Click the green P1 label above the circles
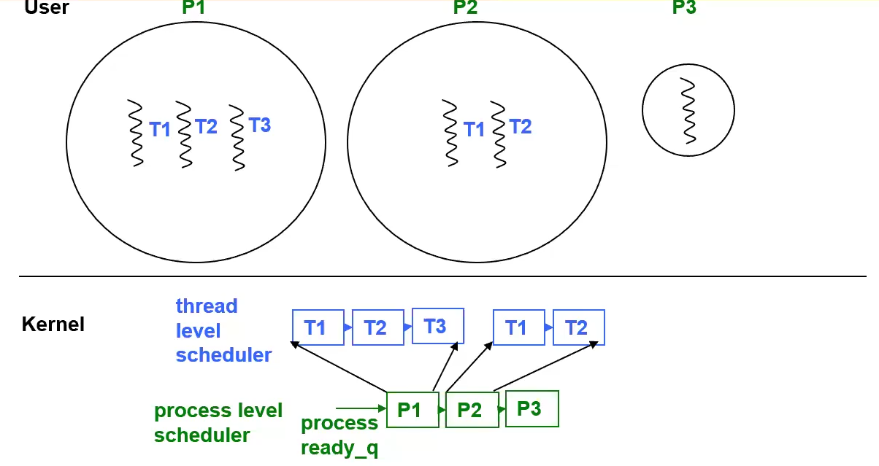tap(195, 8)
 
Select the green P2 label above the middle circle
tap(466, 8)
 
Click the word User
tap(46, 8)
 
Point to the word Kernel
tap(53, 324)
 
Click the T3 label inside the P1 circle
tap(259, 125)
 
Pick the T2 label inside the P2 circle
tap(521, 127)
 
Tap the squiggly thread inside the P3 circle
tap(688, 110)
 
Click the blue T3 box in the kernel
tap(437, 326)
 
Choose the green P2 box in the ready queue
tap(472, 411)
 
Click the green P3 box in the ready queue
tap(531, 409)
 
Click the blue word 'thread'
tap(207, 306)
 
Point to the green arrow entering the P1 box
tap(361, 408)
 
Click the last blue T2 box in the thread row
tap(578, 327)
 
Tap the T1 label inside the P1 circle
tap(160, 130)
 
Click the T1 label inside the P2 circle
tap(475, 130)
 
